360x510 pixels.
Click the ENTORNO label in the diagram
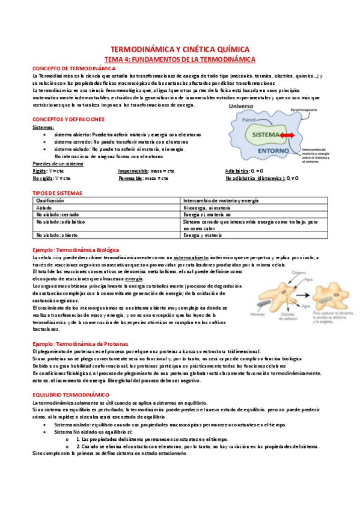pyautogui.click(x=266, y=151)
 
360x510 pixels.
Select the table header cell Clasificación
pyautogui.click(x=50, y=200)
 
